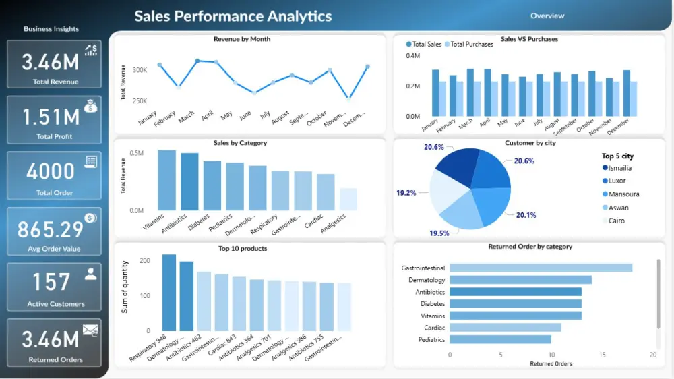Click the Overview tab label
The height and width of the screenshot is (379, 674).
tap(547, 16)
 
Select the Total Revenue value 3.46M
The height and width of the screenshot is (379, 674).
tap(51, 63)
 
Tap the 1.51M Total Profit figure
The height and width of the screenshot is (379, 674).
tap(51, 117)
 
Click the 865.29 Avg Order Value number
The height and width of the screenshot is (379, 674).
tap(51, 230)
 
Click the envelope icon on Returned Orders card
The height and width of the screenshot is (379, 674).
tap(90, 330)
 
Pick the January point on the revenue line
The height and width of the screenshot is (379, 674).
tap(160, 65)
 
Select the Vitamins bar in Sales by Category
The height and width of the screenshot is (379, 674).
tap(166, 180)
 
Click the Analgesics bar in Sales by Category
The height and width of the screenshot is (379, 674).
tap(348, 199)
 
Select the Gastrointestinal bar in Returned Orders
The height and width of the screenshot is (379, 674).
tap(541, 268)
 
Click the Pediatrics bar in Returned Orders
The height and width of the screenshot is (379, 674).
tap(500, 339)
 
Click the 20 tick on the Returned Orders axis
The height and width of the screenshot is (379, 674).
tap(652, 354)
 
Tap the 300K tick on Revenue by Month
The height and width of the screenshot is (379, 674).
tap(140, 70)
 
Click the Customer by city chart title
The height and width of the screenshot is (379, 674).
tap(529, 143)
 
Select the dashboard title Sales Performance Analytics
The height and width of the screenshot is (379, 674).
tap(233, 16)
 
